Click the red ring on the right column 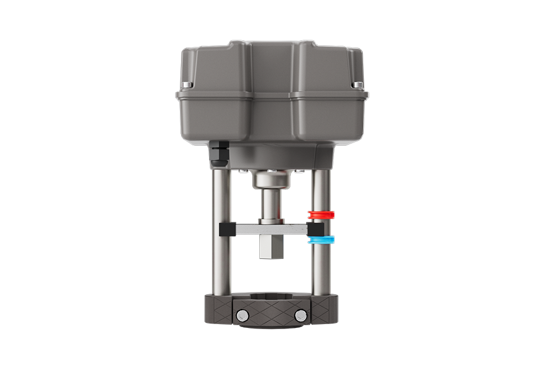click(322, 214)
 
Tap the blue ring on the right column click(322, 240)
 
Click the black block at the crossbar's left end click(224, 229)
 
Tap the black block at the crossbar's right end click(316, 229)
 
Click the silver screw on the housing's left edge click(185, 84)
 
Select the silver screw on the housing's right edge click(359, 84)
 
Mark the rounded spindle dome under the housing click(270, 179)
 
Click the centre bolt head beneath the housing click(270, 171)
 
